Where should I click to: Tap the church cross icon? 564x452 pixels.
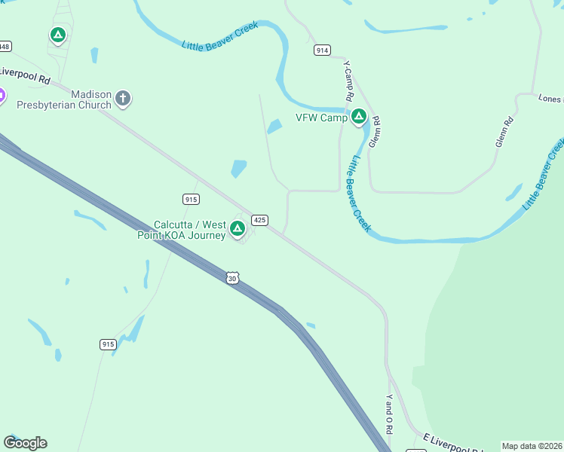(123, 98)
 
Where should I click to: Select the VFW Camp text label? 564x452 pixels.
(320, 118)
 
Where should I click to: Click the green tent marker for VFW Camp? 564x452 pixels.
(359, 117)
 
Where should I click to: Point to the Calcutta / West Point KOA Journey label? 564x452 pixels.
(190, 230)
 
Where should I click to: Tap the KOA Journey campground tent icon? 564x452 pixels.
(238, 228)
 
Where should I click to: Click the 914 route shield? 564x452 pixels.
(322, 50)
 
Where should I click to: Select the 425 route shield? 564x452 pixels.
(259, 220)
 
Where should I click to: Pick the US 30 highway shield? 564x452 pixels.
(231, 278)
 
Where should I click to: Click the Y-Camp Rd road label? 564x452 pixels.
(349, 81)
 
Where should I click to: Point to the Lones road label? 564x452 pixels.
(550, 99)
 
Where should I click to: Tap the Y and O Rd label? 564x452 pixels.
(389, 414)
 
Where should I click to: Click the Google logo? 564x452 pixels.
(26, 443)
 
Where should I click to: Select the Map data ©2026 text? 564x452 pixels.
(532, 446)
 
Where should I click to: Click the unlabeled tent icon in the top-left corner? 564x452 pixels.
(58, 35)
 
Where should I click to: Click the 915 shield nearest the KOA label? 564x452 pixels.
(191, 198)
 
